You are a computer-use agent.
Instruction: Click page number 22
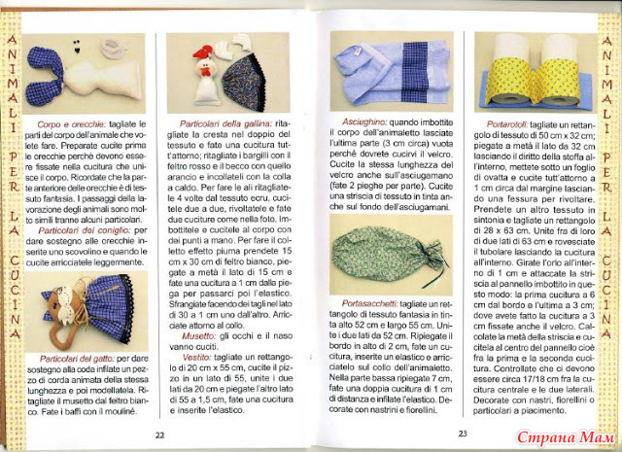point(160,434)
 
